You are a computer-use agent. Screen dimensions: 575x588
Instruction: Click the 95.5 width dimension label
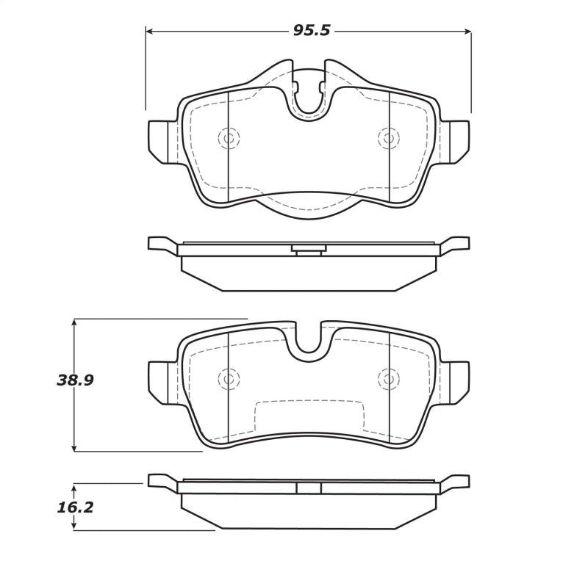(309, 31)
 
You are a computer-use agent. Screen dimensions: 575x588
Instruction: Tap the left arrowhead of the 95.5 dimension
(149, 32)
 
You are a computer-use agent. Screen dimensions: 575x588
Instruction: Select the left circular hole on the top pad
(229, 138)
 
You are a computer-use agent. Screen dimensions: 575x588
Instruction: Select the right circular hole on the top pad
(388, 138)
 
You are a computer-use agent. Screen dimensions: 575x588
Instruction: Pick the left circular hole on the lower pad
(229, 379)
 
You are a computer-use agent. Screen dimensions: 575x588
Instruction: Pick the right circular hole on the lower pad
(388, 379)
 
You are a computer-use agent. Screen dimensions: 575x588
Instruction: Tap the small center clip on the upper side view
(309, 250)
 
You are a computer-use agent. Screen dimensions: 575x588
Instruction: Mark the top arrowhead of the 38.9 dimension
(75, 322)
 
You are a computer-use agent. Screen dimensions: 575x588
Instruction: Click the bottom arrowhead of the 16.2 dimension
(75, 526)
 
